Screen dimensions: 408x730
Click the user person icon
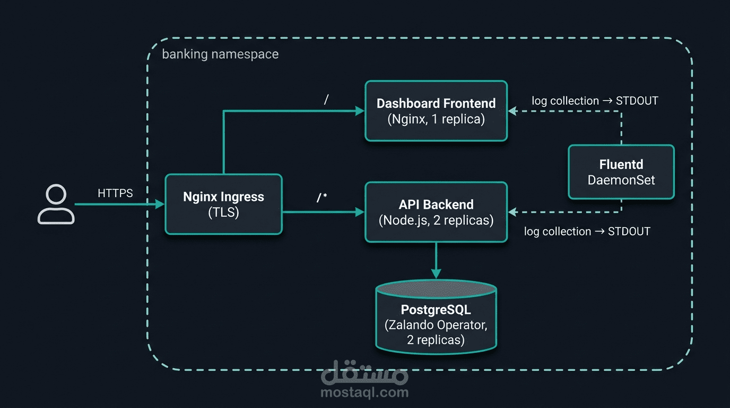point(56,205)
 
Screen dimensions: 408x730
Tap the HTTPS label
point(115,193)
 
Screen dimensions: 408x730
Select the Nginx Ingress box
point(223,204)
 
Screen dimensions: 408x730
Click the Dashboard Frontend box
point(436,111)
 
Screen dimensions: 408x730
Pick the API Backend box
point(436,212)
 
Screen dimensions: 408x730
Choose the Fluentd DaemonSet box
point(621,172)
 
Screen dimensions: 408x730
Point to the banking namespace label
point(220,54)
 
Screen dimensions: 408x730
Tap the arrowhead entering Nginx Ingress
point(160,204)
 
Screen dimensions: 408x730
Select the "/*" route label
point(322,198)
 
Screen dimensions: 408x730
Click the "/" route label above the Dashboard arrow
point(326,99)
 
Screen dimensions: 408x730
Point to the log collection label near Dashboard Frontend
point(595,101)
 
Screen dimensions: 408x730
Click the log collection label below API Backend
point(587,231)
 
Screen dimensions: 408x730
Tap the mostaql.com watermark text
point(364,393)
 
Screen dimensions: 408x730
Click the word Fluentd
point(621,165)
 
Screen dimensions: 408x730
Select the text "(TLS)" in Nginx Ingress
point(223,212)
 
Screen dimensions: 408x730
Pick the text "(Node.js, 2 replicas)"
point(436,220)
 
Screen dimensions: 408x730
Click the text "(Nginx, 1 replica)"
point(436,119)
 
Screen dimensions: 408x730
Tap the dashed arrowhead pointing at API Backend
point(512,212)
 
